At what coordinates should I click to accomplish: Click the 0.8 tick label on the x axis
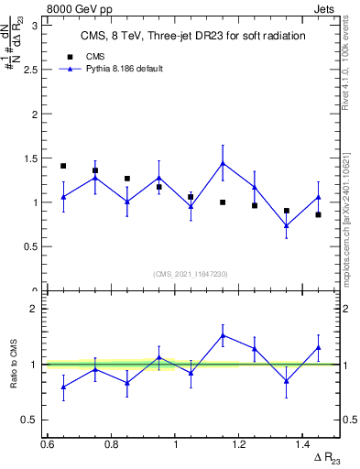click(112, 444)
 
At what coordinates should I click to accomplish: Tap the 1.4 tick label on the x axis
click(304, 444)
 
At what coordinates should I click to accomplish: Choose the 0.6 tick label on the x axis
click(48, 444)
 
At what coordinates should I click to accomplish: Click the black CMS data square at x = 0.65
click(63, 166)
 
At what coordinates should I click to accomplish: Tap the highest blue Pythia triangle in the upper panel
click(223, 164)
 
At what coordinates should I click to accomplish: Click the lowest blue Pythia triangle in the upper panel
click(287, 225)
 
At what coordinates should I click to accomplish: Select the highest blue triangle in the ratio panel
click(223, 335)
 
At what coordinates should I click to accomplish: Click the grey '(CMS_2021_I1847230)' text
click(191, 273)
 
